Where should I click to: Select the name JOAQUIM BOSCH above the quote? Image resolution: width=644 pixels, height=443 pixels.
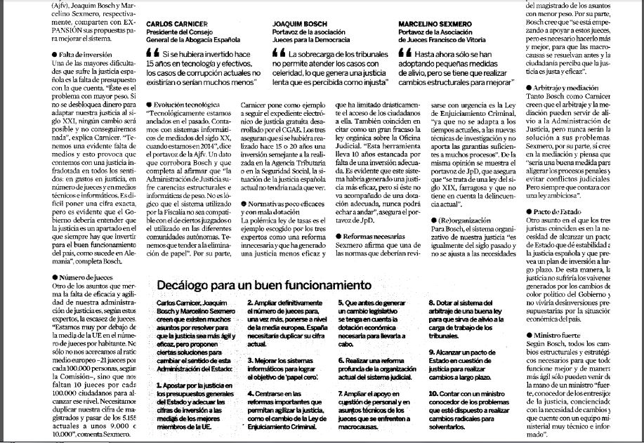296,22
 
